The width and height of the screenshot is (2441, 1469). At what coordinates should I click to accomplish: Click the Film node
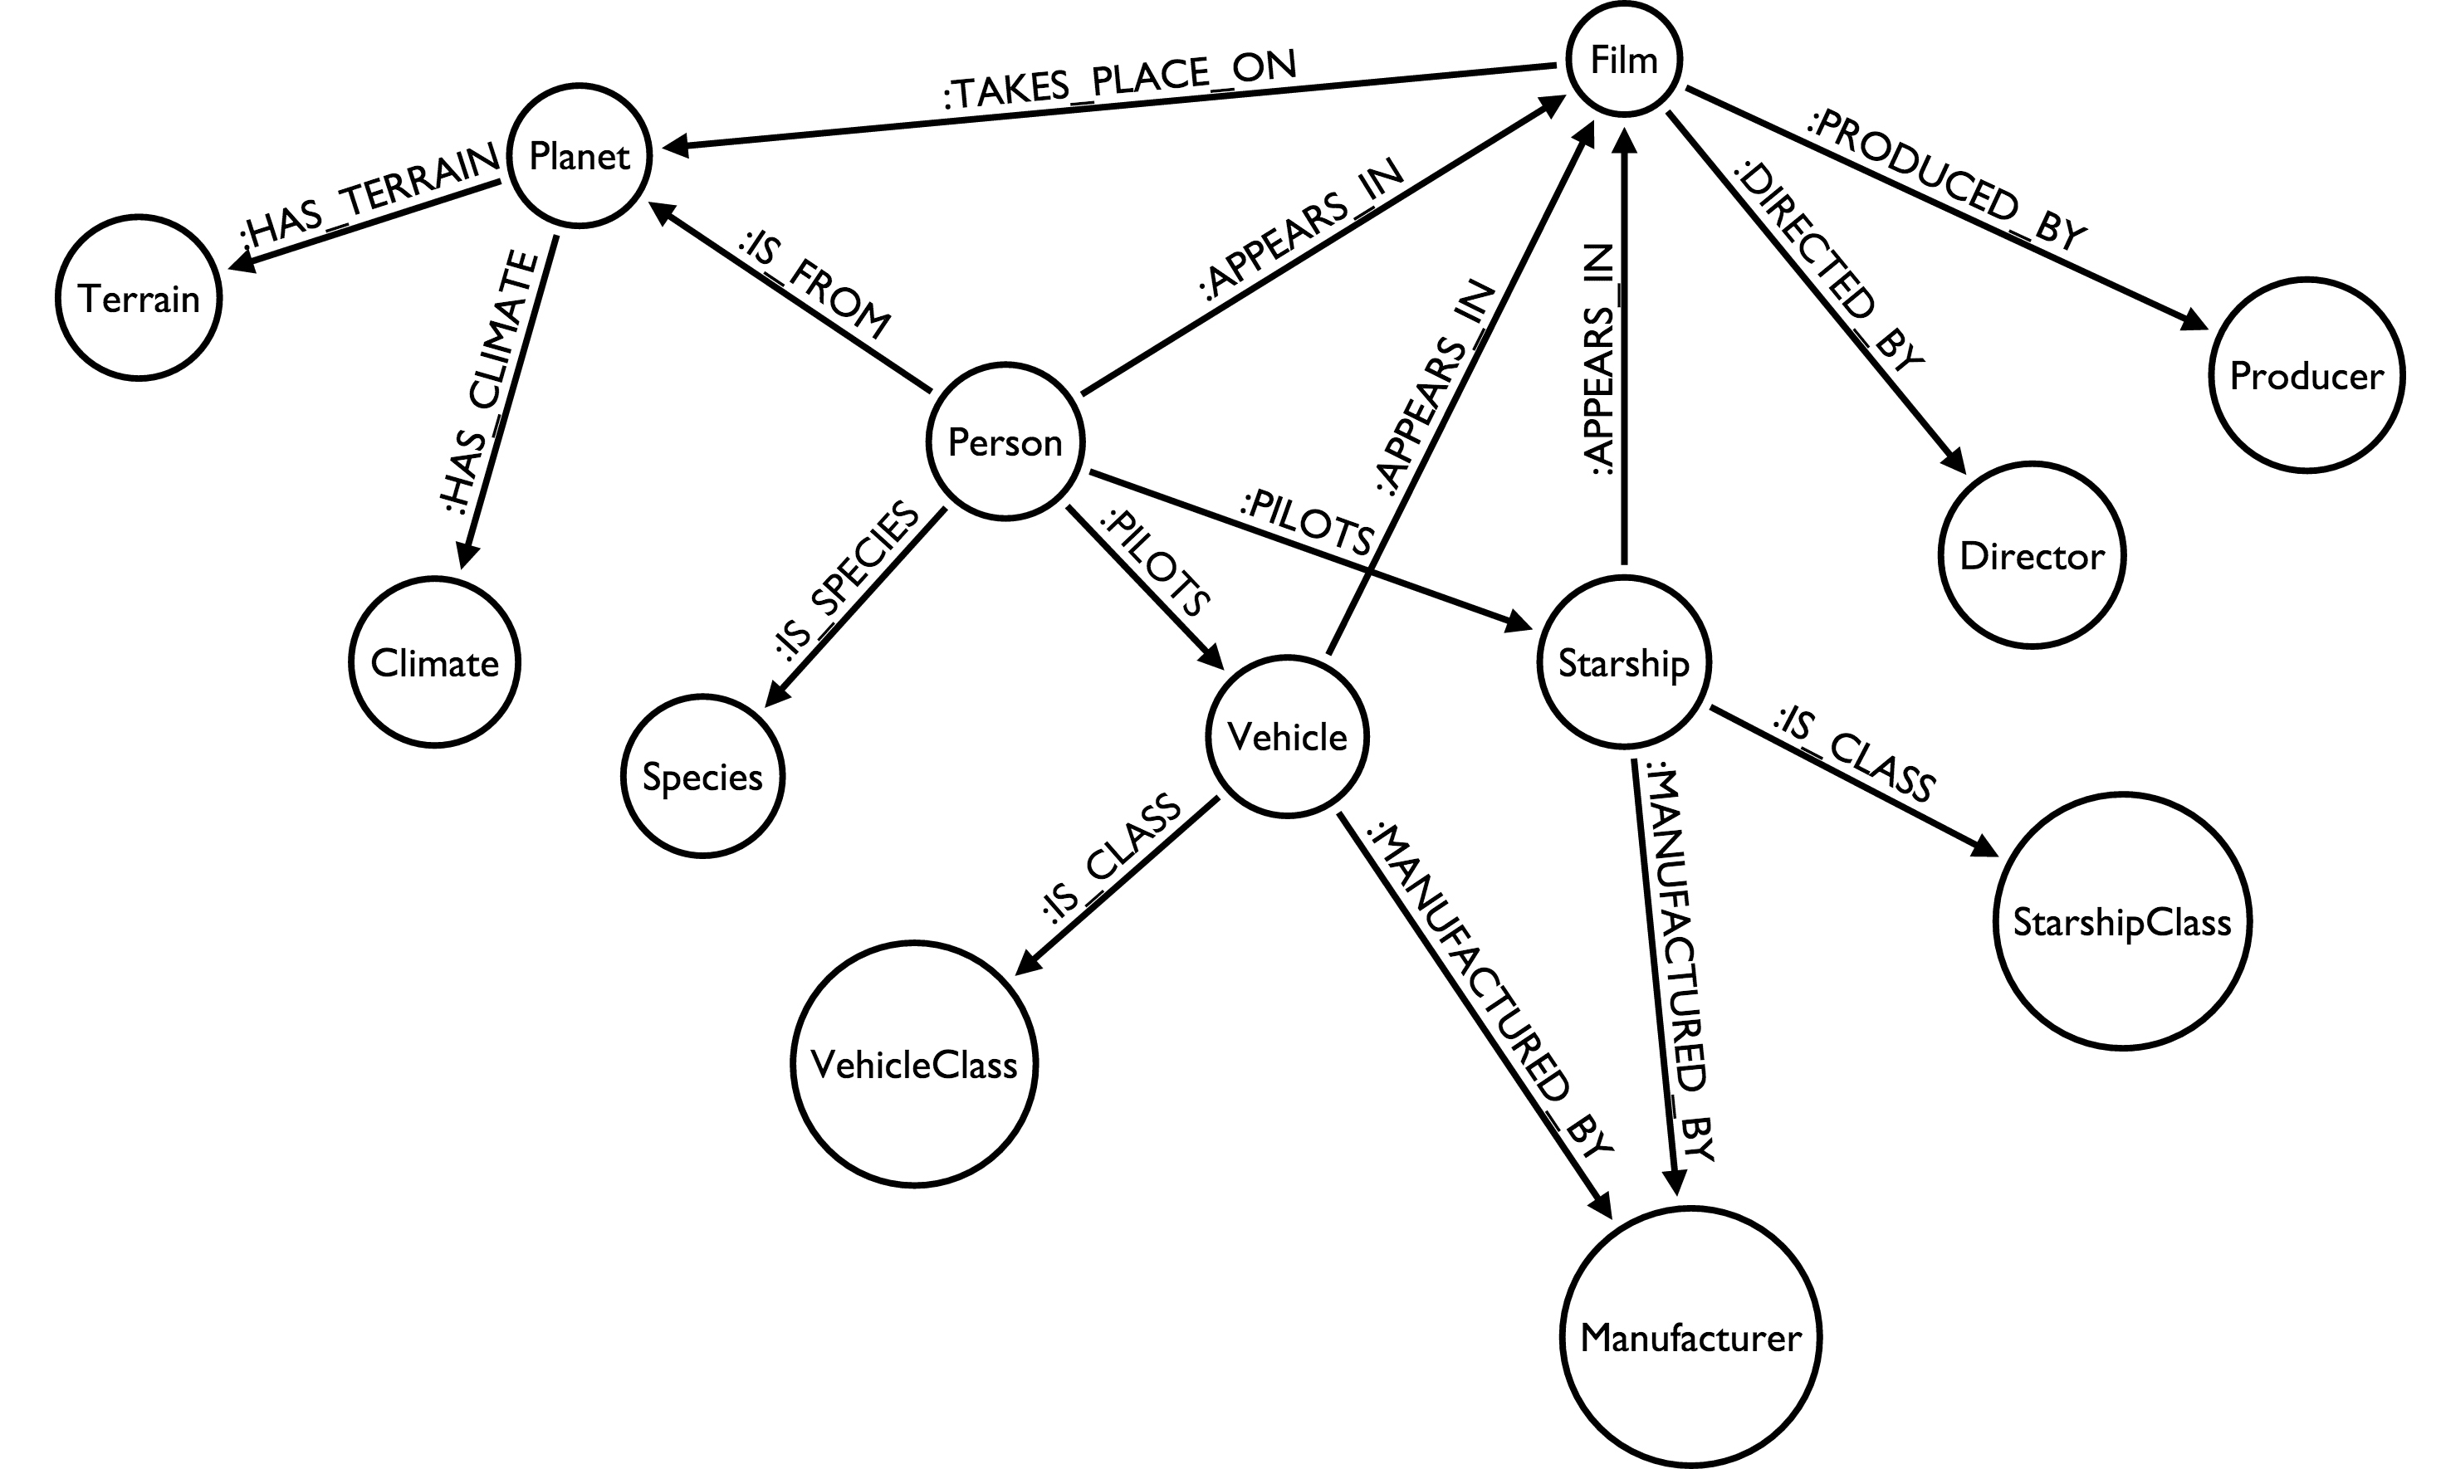(x=1624, y=60)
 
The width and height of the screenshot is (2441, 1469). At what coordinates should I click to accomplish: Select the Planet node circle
(x=580, y=155)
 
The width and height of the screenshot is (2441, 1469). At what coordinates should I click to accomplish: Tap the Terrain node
(x=139, y=297)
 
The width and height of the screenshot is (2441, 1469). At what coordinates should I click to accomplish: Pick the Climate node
(x=435, y=662)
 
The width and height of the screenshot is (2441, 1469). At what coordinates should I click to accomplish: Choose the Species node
(x=702, y=776)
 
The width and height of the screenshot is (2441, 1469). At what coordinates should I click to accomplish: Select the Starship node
(x=1624, y=662)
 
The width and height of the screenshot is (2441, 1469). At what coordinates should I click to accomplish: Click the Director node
(x=2032, y=555)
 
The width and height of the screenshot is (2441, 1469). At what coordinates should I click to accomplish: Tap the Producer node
(x=2306, y=375)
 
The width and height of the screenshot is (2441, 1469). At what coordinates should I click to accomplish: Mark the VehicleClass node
(x=914, y=1064)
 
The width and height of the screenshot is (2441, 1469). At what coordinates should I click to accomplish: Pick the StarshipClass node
(x=2122, y=921)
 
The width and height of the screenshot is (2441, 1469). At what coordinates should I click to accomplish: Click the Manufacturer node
(x=1690, y=1337)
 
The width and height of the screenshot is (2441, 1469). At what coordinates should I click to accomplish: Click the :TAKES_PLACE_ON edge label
(x=1119, y=79)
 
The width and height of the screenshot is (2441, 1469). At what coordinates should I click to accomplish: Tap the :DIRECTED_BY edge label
(x=1828, y=267)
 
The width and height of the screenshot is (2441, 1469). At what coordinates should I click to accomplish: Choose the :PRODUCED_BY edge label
(x=1947, y=178)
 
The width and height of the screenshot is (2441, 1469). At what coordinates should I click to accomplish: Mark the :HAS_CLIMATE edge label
(x=490, y=382)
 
